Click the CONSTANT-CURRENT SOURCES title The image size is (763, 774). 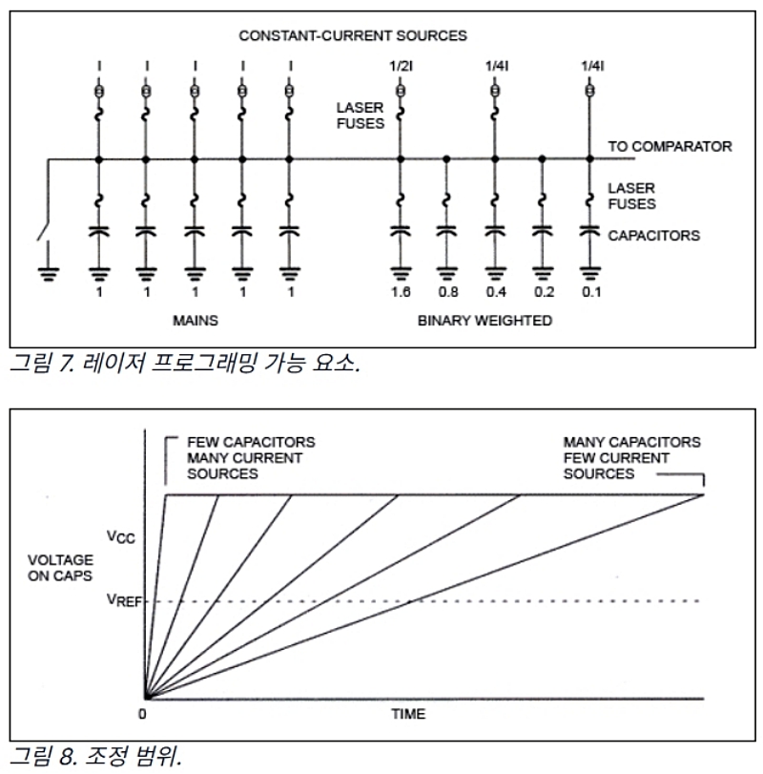pos(353,35)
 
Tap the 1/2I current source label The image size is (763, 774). pos(401,66)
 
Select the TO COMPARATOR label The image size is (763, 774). pos(670,146)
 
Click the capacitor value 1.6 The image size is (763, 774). pos(401,292)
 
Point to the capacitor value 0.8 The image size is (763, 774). pos(448,292)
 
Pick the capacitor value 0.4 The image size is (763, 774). pos(496,292)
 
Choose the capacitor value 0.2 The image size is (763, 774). pos(544,292)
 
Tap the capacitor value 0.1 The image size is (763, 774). pos(591,292)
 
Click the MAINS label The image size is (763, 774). pos(196,321)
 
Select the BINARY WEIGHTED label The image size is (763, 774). pos(485,321)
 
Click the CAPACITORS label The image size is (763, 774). pos(653,236)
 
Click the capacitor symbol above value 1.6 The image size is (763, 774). pos(401,231)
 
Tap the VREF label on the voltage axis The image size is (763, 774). pos(124,600)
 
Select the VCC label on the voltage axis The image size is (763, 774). pos(121,536)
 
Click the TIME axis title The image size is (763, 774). pos(408,714)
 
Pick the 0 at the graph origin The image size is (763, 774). pos(142,714)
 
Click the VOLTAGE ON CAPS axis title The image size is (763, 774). pos(60,568)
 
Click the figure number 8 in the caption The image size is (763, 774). pos(67,756)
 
